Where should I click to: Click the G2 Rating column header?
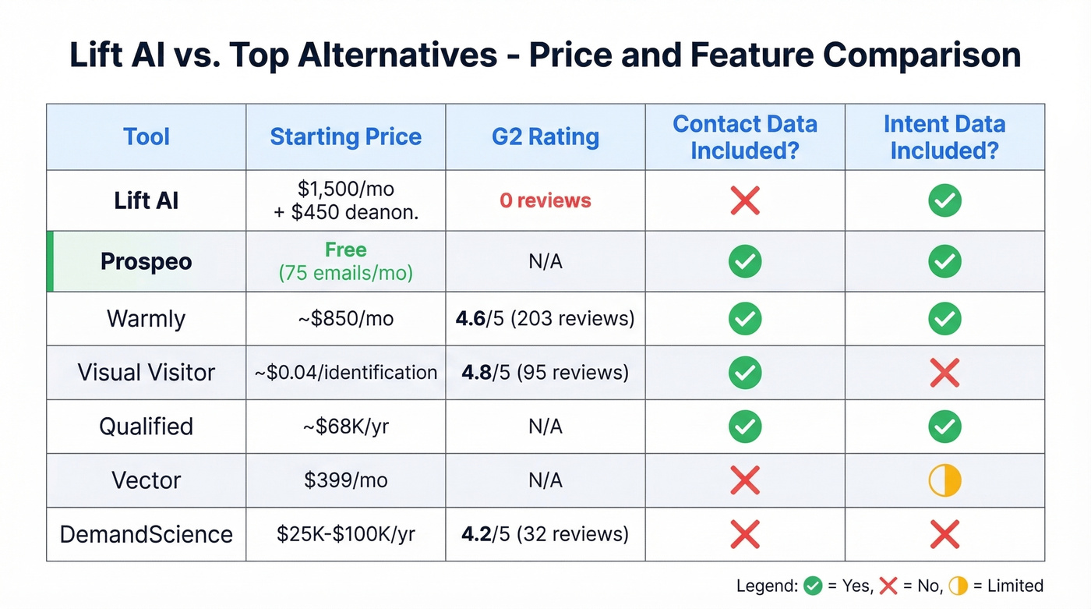tap(545, 137)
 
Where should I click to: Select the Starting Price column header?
tap(345, 137)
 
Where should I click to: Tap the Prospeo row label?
tap(147, 261)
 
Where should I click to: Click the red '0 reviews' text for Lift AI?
tap(545, 200)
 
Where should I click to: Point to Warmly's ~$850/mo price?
tap(345, 319)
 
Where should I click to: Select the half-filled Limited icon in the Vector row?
tap(944, 481)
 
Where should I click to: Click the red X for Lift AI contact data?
tap(745, 200)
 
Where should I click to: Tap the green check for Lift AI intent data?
tap(944, 200)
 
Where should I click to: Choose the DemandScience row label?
tap(147, 534)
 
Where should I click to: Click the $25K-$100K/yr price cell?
tap(345, 534)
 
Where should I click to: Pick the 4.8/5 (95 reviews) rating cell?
tap(545, 373)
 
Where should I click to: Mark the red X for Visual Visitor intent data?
tap(944, 373)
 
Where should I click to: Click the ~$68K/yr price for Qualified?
tap(345, 427)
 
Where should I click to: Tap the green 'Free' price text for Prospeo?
tap(345, 250)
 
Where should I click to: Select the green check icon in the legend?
tap(813, 586)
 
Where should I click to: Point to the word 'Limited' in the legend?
tap(1013, 586)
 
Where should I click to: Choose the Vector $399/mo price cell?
tap(345, 480)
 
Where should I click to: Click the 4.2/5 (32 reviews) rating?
tap(545, 534)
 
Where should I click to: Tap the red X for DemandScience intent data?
tap(944, 534)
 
